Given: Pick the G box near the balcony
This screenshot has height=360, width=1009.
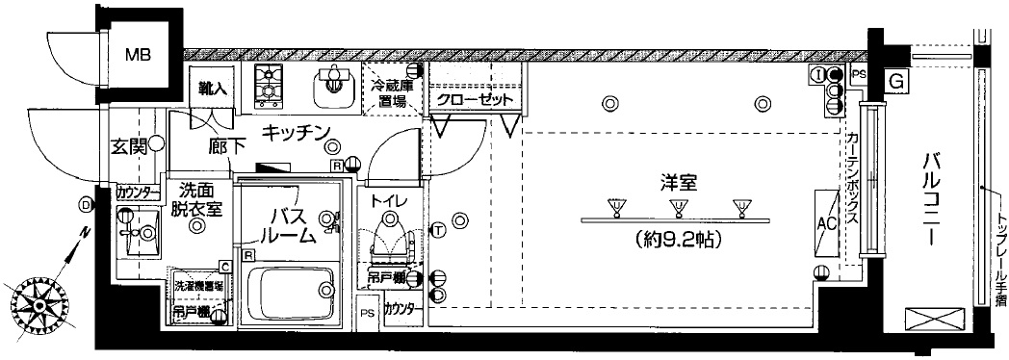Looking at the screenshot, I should point(896,83).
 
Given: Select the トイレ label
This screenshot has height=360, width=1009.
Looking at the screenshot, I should point(388,200).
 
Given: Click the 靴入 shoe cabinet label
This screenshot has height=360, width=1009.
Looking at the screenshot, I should point(211,88).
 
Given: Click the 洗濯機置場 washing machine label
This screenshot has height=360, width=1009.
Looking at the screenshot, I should point(198,286).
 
